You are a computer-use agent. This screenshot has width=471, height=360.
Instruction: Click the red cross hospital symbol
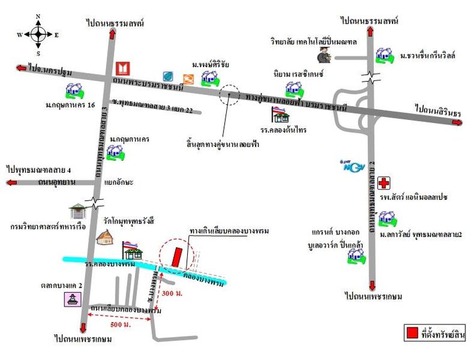(382, 182)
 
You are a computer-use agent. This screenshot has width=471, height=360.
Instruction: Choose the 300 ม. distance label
(173, 293)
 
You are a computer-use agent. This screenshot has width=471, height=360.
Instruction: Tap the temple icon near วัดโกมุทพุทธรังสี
(105, 237)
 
